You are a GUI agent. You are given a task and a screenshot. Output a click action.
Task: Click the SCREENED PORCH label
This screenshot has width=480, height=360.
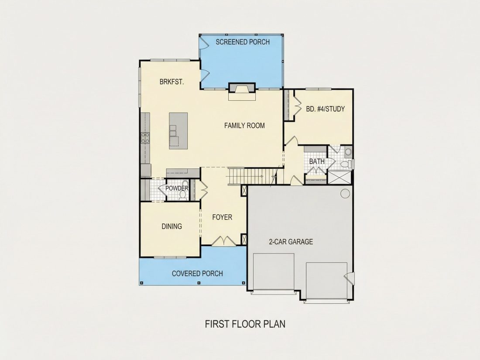[243, 42]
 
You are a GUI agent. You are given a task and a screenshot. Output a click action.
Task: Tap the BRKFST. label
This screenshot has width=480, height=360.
[172, 82]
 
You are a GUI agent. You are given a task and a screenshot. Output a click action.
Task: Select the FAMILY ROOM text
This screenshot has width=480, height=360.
[244, 126]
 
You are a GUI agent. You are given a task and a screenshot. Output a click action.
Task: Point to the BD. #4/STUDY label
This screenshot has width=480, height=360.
[326, 109]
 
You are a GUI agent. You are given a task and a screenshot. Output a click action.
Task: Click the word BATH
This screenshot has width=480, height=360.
[317, 161]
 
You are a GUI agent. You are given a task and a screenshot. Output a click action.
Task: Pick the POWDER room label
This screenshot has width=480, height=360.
[177, 188]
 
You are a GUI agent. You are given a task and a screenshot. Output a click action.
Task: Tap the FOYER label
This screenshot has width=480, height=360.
[222, 217]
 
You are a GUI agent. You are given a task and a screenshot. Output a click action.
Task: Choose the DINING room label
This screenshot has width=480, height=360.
[172, 226]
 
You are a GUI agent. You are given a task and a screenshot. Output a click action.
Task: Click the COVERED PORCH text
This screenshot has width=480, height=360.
[197, 273]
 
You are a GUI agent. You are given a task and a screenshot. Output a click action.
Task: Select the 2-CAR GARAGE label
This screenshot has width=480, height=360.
[291, 242]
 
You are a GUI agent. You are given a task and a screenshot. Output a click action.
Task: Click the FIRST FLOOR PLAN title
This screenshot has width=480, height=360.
[245, 324]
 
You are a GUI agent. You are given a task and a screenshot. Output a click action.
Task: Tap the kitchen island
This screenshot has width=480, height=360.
[178, 131]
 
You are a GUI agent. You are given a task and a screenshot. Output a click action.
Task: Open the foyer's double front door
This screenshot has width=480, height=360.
[224, 241]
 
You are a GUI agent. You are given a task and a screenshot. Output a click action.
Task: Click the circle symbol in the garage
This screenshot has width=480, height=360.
[345, 193]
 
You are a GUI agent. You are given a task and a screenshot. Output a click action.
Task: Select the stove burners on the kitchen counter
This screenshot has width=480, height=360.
[145, 137]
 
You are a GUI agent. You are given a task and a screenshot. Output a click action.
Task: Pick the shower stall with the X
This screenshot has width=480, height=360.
[340, 178]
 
